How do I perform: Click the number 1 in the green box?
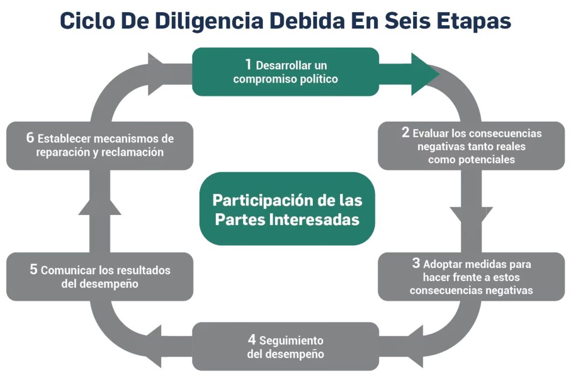point(249,64)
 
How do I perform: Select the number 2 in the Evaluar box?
point(405,133)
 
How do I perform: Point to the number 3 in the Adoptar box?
point(416,264)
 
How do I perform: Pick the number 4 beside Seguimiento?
point(252,340)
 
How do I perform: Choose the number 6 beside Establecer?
point(30,138)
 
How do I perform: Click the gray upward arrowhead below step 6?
point(100,206)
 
